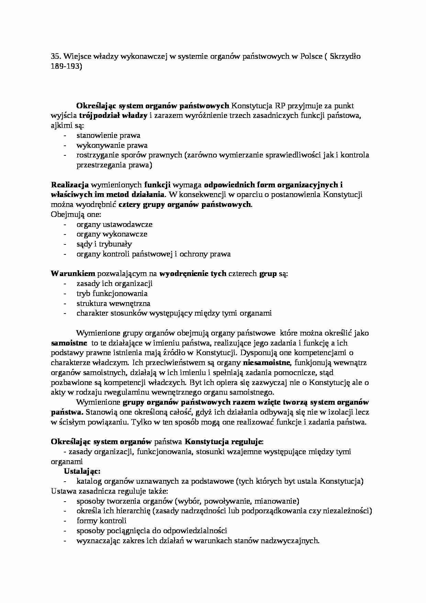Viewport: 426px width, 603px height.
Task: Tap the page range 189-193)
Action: pyautogui.click(x=66, y=66)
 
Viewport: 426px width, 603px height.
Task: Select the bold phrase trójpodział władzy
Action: pyautogui.click(x=113, y=116)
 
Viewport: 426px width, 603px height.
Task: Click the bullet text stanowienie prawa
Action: pyautogui.click(x=108, y=135)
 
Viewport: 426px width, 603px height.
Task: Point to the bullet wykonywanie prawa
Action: pyautogui.click(x=112, y=145)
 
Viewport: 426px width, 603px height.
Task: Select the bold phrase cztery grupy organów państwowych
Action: pyautogui.click(x=185, y=205)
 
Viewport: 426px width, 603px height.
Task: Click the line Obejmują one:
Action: pyautogui.click(x=76, y=215)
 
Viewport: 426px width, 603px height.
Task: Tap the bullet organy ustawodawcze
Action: pyautogui.click(x=114, y=224)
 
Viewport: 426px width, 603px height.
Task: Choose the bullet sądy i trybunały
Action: pyautogui.click(x=104, y=244)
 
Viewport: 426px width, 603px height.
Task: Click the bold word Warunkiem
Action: pyautogui.click(x=73, y=274)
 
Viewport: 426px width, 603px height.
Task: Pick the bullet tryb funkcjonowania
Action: pyautogui.click(x=112, y=294)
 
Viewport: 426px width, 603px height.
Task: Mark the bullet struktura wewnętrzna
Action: pyautogui.click(x=113, y=304)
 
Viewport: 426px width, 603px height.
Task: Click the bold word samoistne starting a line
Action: pyautogui.click(x=69, y=343)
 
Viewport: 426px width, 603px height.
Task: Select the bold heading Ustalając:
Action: pyautogui.click(x=82, y=471)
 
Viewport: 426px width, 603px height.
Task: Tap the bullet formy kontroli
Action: pyautogui.click(x=101, y=521)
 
